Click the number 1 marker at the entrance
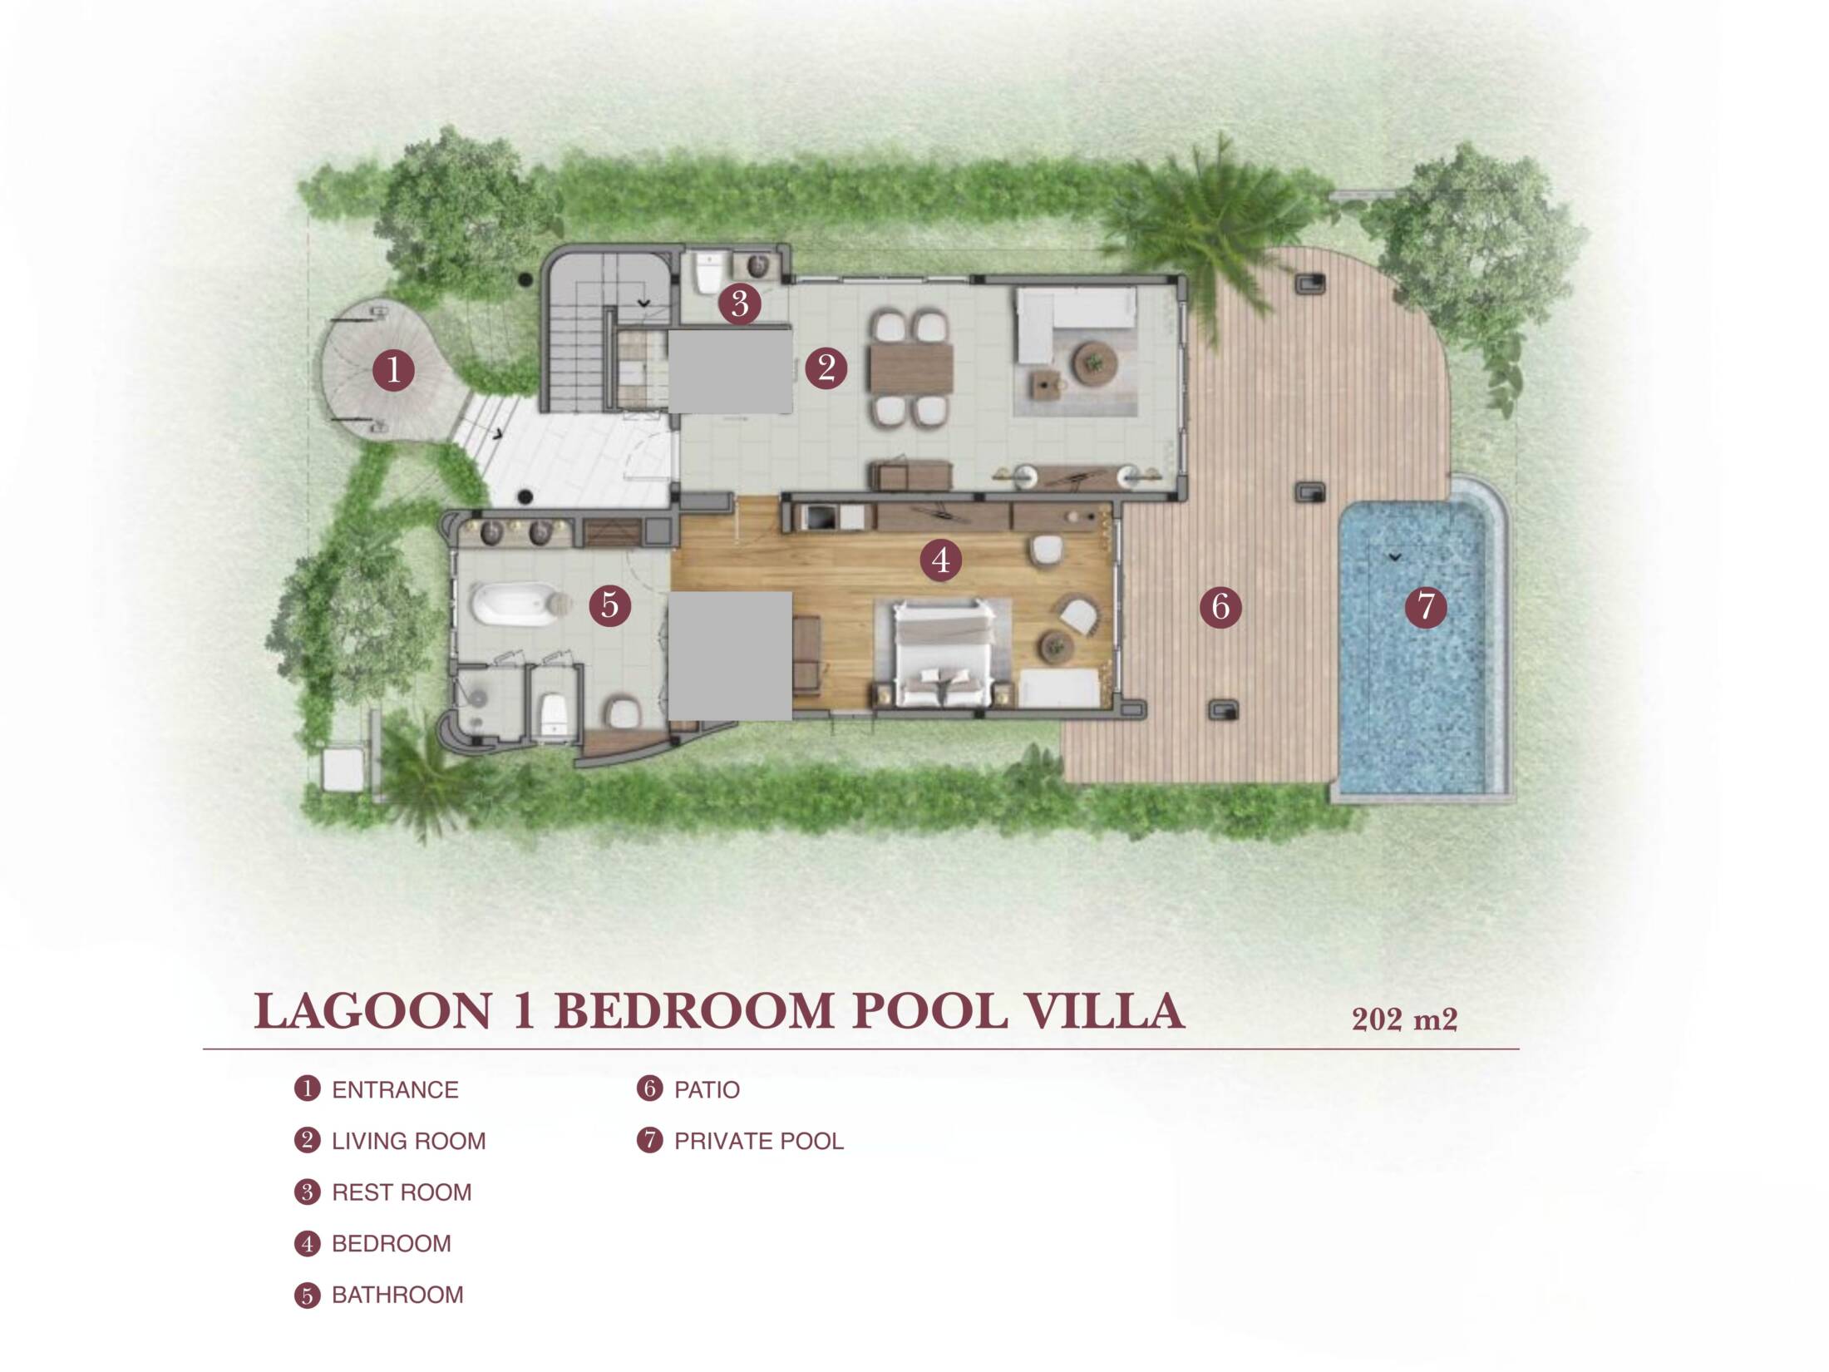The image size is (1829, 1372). coord(393,369)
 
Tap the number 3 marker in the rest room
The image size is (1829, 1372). coord(739,304)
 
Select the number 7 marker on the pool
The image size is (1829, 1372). coord(1426,606)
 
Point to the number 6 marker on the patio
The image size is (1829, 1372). coord(1220,606)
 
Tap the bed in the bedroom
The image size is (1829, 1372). coord(943,654)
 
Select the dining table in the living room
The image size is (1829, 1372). coord(911,368)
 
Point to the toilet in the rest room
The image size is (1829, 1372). coord(708,273)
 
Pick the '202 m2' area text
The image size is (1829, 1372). coord(1404,1019)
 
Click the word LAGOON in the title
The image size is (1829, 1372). coord(373,1012)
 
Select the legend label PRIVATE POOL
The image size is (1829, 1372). coord(759,1141)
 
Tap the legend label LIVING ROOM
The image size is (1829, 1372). coord(409,1141)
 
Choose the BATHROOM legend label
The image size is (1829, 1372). coord(397,1295)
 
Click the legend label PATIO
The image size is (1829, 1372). coord(707,1089)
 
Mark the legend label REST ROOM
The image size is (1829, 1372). coord(402,1192)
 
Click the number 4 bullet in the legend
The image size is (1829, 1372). coord(307,1243)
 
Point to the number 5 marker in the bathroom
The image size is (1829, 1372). coord(610,605)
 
